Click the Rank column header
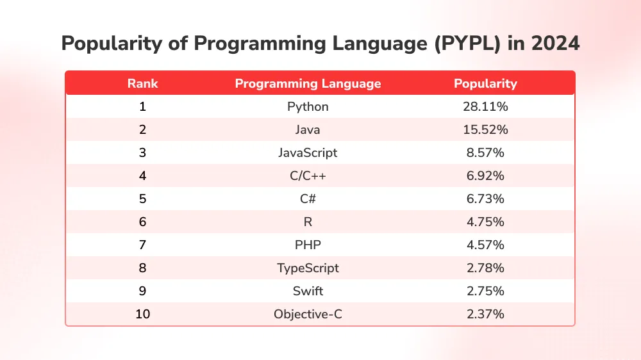pyautogui.click(x=142, y=83)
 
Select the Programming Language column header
pyautogui.click(x=308, y=83)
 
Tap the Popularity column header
pyautogui.click(x=485, y=83)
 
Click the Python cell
pyautogui.click(x=308, y=106)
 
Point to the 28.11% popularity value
pyautogui.click(x=485, y=106)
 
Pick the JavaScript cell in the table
pyautogui.click(x=308, y=152)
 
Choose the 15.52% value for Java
pyautogui.click(x=485, y=129)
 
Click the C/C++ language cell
pyautogui.click(x=308, y=176)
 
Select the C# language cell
pyautogui.click(x=308, y=199)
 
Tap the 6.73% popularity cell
pyautogui.click(x=485, y=199)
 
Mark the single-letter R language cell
pyautogui.click(x=308, y=222)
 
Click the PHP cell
pyautogui.click(x=308, y=245)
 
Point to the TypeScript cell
pyautogui.click(x=308, y=268)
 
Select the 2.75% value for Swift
pyautogui.click(x=485, y=291)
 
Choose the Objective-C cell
pyautogui.click(x=308, y=314)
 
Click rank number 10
pyautogui.click(x=142, y=314)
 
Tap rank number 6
pyautogui.click(x=142, y=222)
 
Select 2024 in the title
pyautogui.click(x=555, y=44)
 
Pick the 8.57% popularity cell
pyautogui.click(x=485, y=152)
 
